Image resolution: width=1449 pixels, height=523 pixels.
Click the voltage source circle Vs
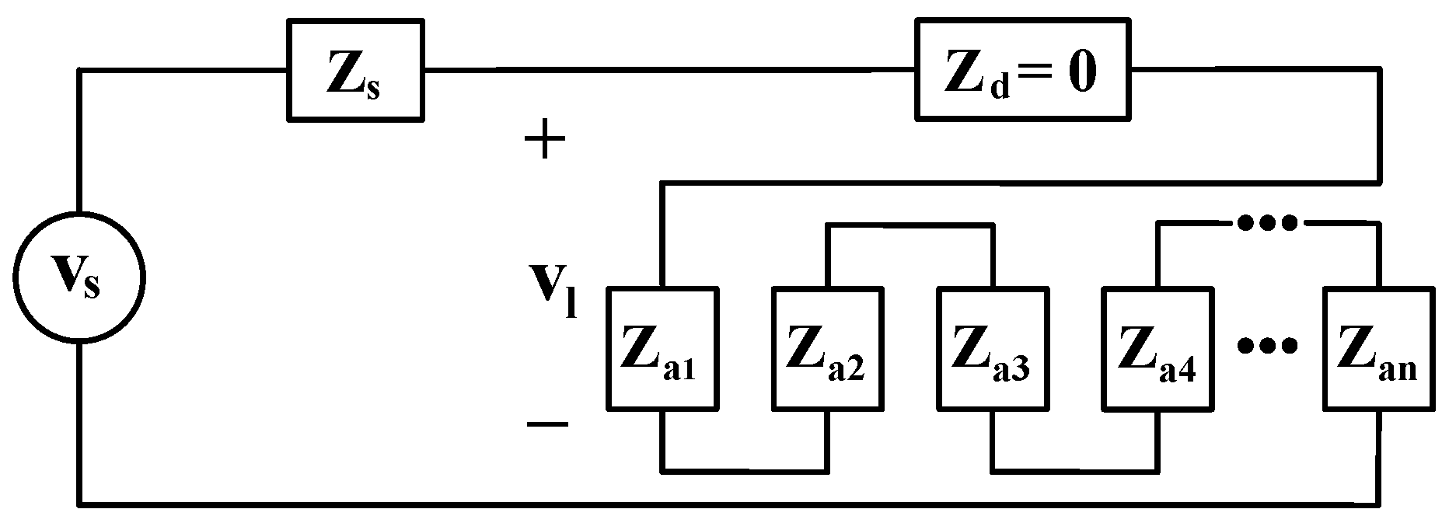pos(79,278)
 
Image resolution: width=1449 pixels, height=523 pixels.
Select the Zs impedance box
pos(355,71)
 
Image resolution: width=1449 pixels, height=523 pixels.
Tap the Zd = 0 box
pos(1022,71)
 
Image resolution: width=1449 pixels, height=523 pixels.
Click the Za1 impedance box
pos(662,348)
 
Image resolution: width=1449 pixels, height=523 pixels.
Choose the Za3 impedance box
pos(993,348)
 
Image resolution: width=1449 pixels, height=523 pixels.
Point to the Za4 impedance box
pos(1158,348)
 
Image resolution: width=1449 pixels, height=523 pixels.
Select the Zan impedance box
pos(1380,348)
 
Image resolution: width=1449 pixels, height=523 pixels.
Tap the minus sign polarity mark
pos(546,424)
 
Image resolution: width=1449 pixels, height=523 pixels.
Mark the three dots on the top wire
pos(1267,224)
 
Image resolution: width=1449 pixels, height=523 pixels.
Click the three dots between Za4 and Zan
pos(1267,346)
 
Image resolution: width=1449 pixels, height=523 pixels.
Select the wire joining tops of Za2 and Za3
pos(910,225)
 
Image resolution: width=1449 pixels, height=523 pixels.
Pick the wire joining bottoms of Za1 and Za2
pos(745,470)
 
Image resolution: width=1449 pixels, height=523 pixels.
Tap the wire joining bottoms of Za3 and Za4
pos(1075,470)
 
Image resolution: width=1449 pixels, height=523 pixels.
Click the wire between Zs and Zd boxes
pos(669,71)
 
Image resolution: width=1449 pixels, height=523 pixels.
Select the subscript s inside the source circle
pos(91,288)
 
